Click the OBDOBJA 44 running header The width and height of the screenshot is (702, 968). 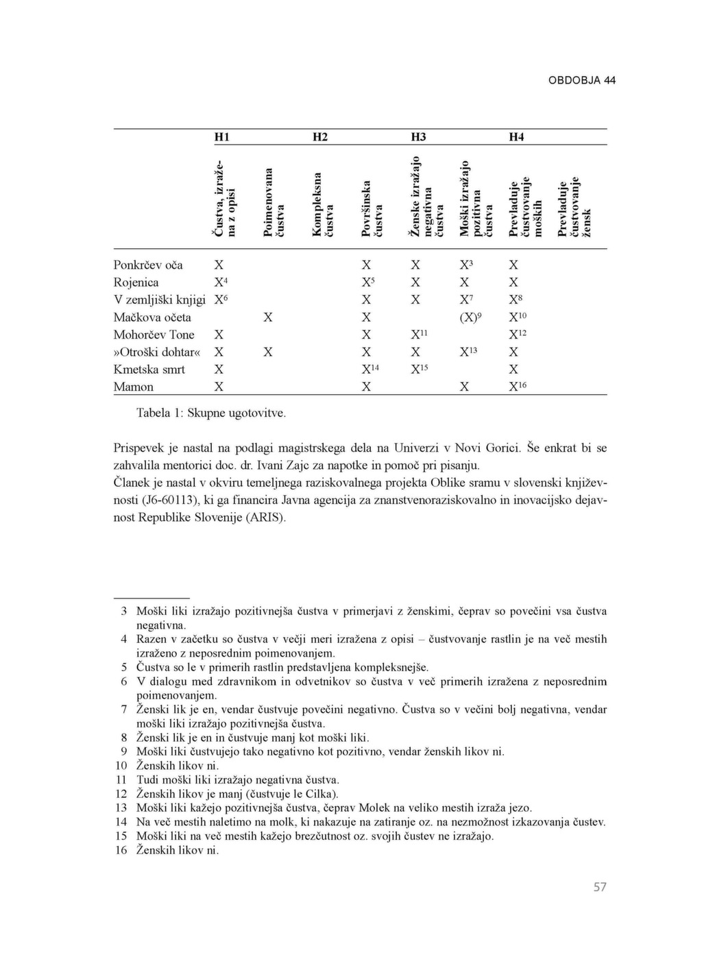click(x=581, y=80)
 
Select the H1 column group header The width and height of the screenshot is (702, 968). click(x=221, y=137)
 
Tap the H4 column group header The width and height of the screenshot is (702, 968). click(x=516, y=137)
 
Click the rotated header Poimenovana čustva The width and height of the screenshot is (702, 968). click(x=273, y=203)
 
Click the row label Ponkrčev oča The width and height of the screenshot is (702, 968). click(x=148, y=265)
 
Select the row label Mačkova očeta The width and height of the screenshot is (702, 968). click(x=152, y=317)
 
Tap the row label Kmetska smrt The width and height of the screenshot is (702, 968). click(x=149, y=370)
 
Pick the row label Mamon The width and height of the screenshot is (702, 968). click(x=134, y=387)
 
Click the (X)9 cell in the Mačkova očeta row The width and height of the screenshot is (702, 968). click(x=468, y=317)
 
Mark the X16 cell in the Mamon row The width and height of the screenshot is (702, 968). click(x=518, y=387)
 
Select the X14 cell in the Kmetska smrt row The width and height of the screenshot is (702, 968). click(x=370, y=370)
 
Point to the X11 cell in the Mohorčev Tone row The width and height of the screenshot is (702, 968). click(x=419, y=335)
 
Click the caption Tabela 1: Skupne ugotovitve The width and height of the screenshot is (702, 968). click(x=211, y=413)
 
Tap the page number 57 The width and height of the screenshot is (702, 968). click(x=600, y=887)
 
